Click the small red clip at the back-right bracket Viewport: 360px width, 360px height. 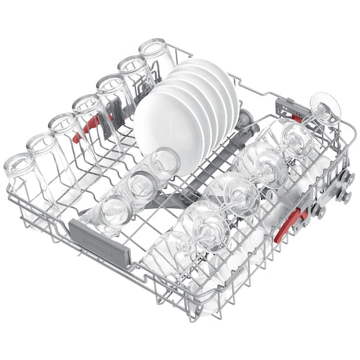tap(297, 118)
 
